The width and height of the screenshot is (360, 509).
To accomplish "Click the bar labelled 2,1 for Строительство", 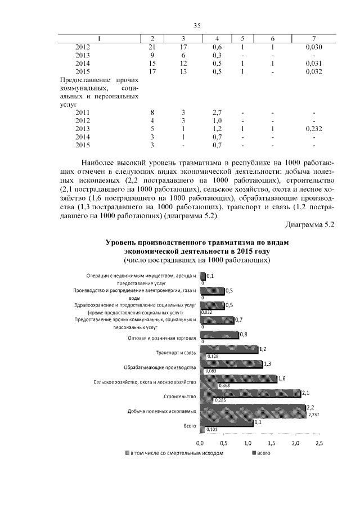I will click(250, 393).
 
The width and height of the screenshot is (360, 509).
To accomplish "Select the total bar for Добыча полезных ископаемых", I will click(252, 408).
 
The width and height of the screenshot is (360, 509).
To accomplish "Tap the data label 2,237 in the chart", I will click(315, 415).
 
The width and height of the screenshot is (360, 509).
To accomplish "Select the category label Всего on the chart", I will click(190, 426).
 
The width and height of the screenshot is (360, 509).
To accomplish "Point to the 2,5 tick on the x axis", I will click(319, 444).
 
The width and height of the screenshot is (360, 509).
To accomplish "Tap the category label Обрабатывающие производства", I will click(160, 367).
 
